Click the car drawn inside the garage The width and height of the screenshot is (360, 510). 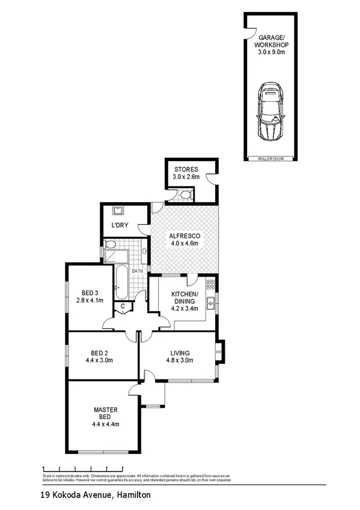[x=270, y=112]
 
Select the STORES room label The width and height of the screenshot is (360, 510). [x=185, y=169]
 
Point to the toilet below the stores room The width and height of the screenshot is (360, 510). [x=185, y=194]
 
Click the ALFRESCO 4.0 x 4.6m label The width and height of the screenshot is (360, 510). [x=185, y=239]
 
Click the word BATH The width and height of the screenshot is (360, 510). [x=138, y=271]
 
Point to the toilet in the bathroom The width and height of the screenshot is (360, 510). [x=110, y=244]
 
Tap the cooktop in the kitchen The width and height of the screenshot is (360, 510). [x=210, y=284]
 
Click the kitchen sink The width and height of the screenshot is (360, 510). [x=211, y=302]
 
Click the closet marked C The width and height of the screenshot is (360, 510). [x=123, y=306]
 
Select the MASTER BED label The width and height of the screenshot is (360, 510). [x=105, y=413]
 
